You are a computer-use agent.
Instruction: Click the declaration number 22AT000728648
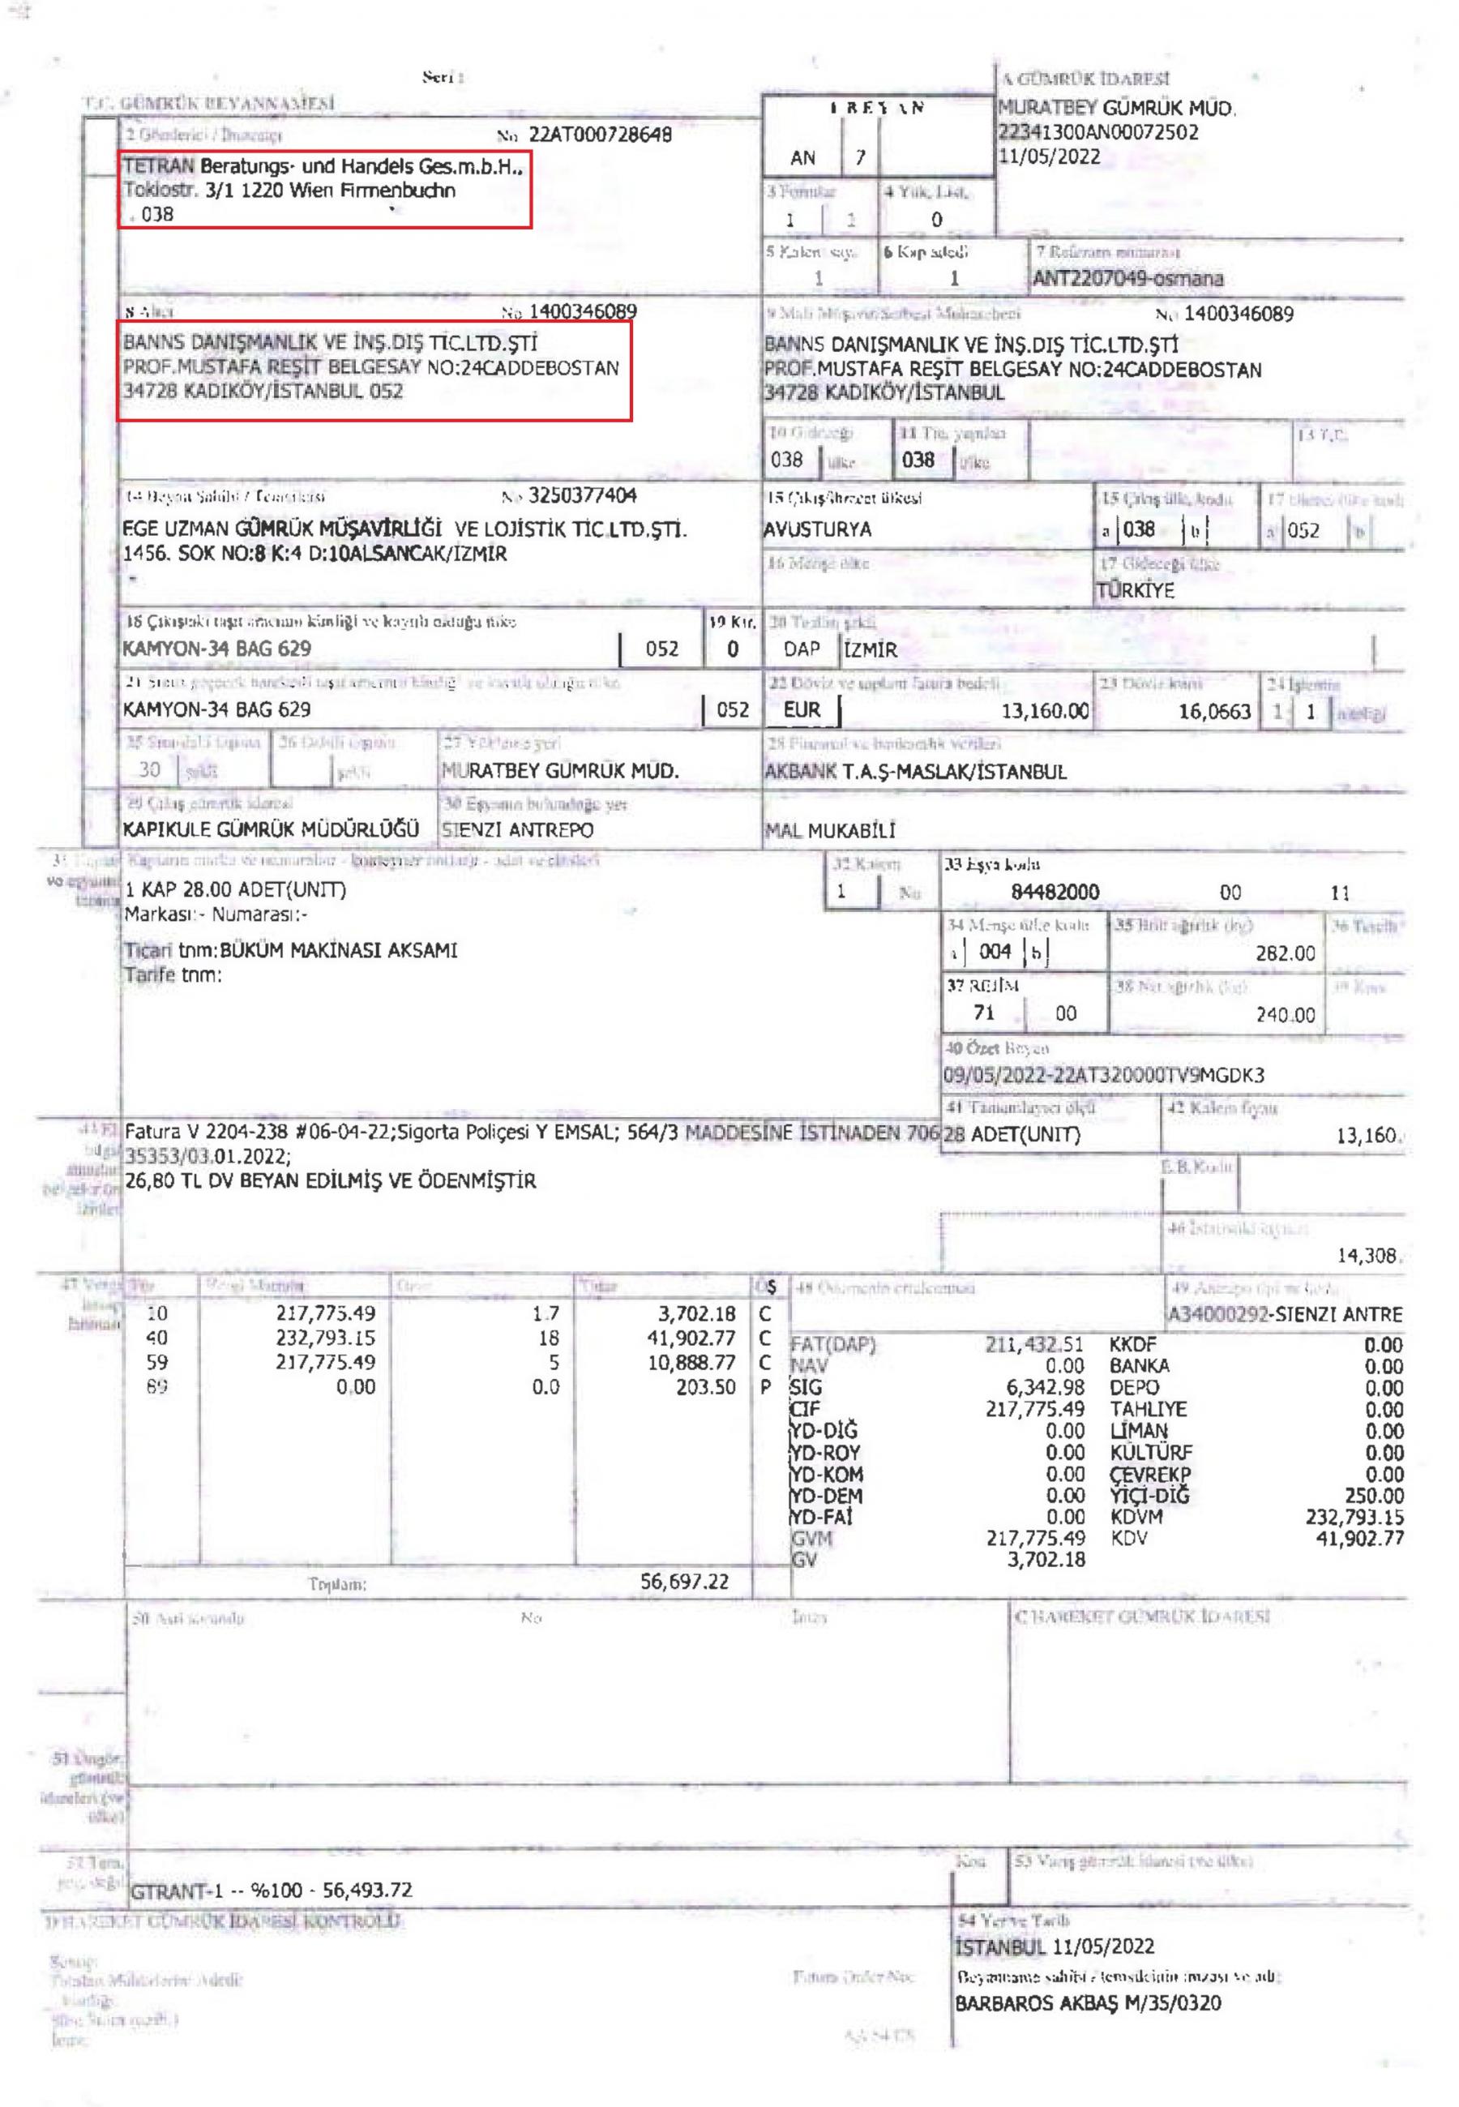point(600,135)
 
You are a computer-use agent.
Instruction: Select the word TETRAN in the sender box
point(158,166)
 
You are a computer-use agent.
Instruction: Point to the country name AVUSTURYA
point(817,529)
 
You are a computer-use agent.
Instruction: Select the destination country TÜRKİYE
point(1136,589)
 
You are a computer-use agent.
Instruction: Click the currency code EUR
point(802,710)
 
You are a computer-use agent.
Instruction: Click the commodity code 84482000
point(1055,892)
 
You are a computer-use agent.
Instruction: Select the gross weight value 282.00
point(1285,953)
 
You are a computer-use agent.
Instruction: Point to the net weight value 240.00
point(1285,1015)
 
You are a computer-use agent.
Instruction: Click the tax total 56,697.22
point(684,1582)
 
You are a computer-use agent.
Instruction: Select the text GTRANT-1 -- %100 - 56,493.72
point(272,1890)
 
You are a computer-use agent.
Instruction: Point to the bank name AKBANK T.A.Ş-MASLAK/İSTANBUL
point(915,772)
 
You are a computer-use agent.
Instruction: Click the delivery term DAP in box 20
point(801,650)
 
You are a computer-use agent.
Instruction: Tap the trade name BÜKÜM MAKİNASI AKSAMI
point(338,950)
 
